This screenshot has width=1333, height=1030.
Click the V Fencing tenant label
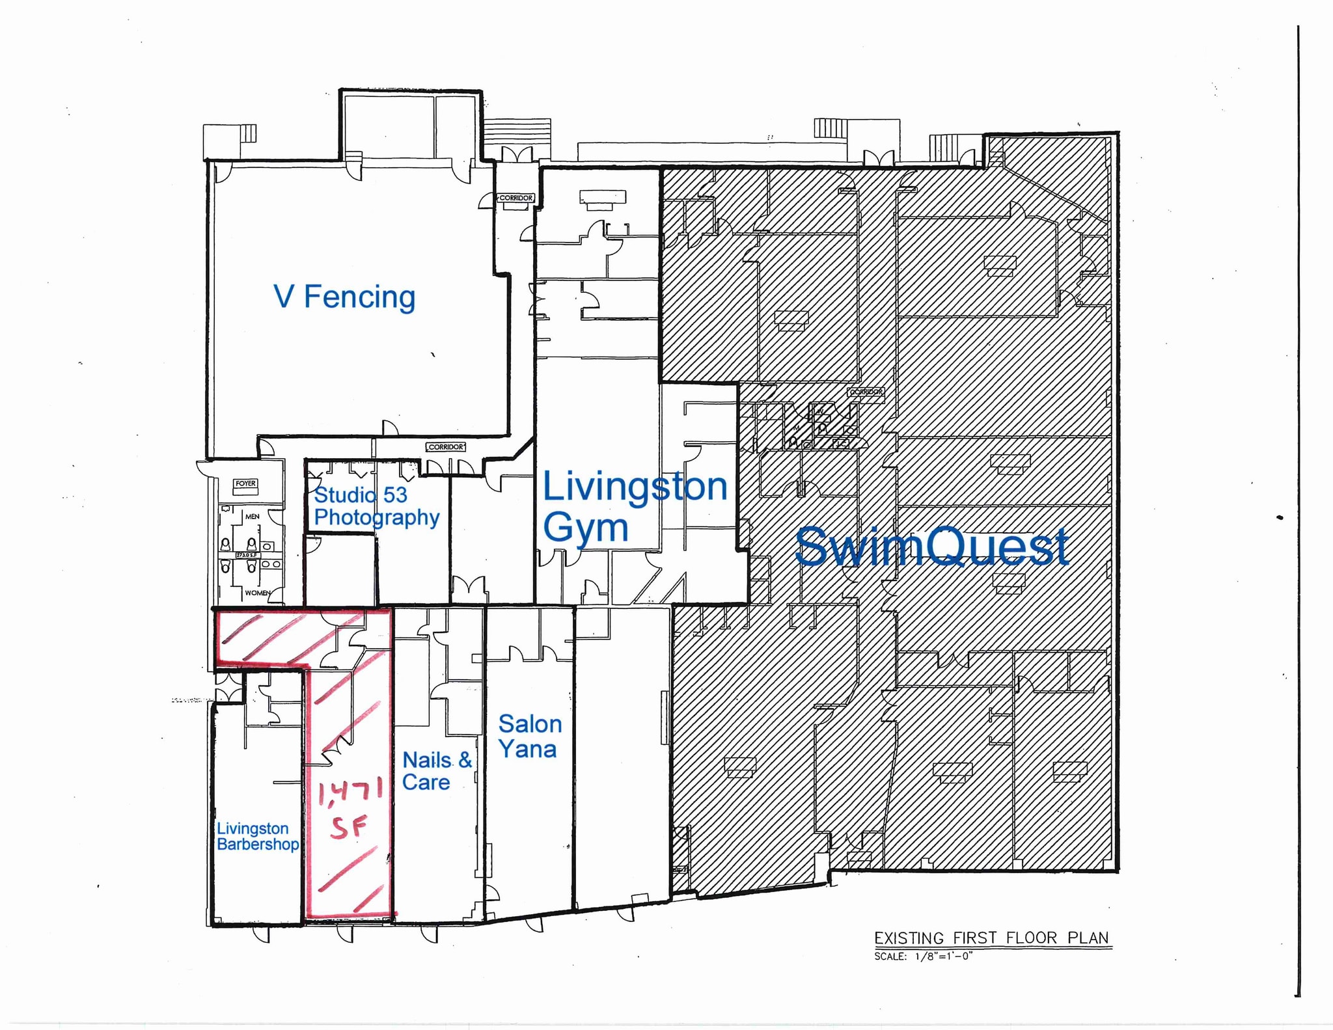coord(344,297)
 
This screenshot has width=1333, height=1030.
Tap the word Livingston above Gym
coord(635,487)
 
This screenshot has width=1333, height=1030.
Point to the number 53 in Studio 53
coord(395,495)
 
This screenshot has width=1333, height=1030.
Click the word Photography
coord(377,518)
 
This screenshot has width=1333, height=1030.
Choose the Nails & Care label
coord(437,770)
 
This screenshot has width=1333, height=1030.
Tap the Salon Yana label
coord(529,736)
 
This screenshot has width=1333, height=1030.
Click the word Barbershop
coord(258,845)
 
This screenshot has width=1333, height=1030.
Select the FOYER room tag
coord(245,483)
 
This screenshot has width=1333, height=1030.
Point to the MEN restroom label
coord(252,517)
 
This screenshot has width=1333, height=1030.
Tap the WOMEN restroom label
coord(257,593)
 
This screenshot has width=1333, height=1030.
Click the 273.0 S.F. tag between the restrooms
coord(247,555)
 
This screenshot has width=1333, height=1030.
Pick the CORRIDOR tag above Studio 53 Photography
coord(447,447)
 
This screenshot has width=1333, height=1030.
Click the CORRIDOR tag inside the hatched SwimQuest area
coord(866,392)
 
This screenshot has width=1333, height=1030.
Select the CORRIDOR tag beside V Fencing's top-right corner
coord(516,198)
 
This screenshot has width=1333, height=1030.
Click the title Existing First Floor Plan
coord(991,938)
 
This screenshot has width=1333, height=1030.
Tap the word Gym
coord(586,527)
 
